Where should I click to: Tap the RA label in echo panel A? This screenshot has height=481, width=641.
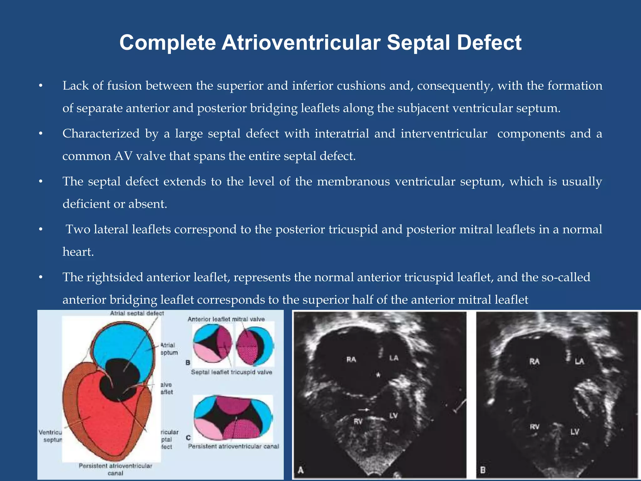[x=351, y=359]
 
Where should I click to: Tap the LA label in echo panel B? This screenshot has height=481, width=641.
[x=579, y=361]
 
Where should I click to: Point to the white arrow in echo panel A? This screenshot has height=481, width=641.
[x=363, y=410]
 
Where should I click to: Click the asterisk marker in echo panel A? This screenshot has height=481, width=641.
[x=378, y=374]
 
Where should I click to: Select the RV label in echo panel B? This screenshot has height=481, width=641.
[x=535, y=427]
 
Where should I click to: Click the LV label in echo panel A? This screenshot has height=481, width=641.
[x=393, y=416]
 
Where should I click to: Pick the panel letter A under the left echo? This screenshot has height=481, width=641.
[x=301, y=470]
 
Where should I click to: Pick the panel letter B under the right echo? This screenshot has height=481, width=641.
[x=483, y=470]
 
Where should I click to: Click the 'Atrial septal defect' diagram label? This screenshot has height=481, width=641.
[x=137, y=313]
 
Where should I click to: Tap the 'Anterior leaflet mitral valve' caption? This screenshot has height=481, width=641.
[x=226, y=319]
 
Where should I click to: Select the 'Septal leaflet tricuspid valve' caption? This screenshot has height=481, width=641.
[x=231, y=372]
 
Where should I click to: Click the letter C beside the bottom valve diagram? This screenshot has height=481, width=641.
[x=188, y=438]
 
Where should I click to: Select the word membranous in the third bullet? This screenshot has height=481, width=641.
[x=353, y=182]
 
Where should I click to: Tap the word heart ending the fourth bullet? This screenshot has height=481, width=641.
[x=78, y=252]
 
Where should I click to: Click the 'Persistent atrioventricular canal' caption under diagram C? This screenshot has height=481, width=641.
[x=233, y=446]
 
